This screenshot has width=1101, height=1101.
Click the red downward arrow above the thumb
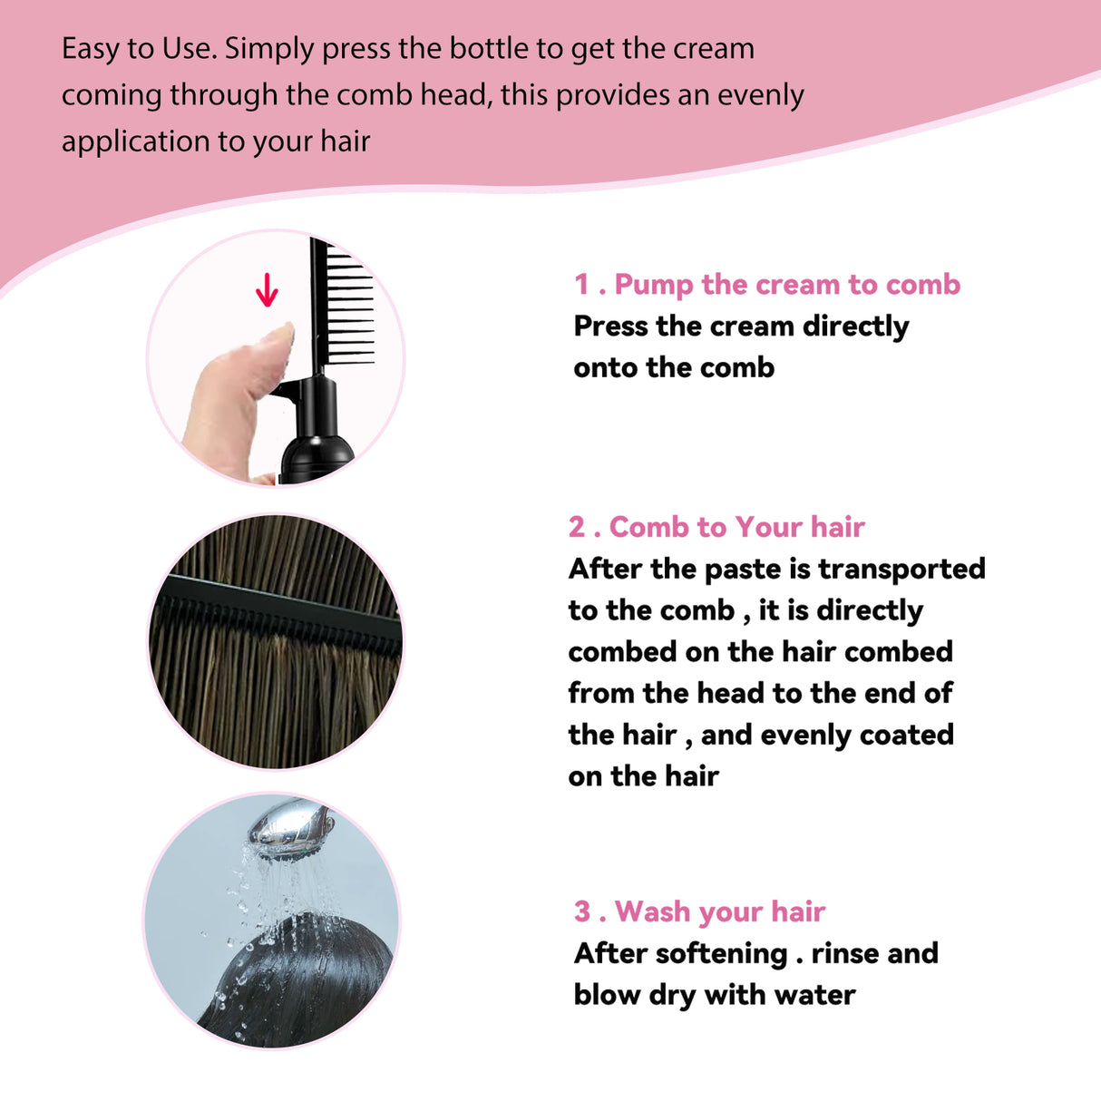point(267,290)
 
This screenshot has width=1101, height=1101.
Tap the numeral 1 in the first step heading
point(581,285)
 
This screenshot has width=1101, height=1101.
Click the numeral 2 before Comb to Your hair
point(577,527)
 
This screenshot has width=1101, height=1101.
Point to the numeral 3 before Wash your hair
point(581,911)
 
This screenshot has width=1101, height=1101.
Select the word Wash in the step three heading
point(653,911)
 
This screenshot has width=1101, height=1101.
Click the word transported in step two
point(901,569)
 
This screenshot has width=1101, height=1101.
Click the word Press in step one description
point(610,326)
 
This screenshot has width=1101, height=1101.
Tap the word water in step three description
point(815,995)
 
